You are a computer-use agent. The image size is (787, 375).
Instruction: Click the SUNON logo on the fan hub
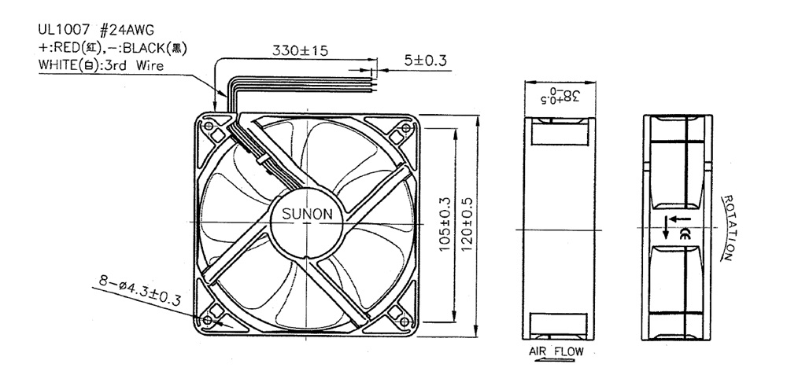[307, 215]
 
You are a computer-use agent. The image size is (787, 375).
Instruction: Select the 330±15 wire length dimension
[300, 50]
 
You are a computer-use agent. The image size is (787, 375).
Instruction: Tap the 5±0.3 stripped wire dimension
[425, 61]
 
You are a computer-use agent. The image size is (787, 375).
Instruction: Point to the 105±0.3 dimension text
[445, 224]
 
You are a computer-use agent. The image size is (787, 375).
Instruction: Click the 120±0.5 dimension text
[467, 224]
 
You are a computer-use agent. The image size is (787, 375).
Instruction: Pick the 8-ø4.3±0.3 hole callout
[139, 292]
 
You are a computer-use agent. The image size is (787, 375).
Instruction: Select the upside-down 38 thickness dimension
[560, 95]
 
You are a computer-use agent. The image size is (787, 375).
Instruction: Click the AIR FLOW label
[556, 351]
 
